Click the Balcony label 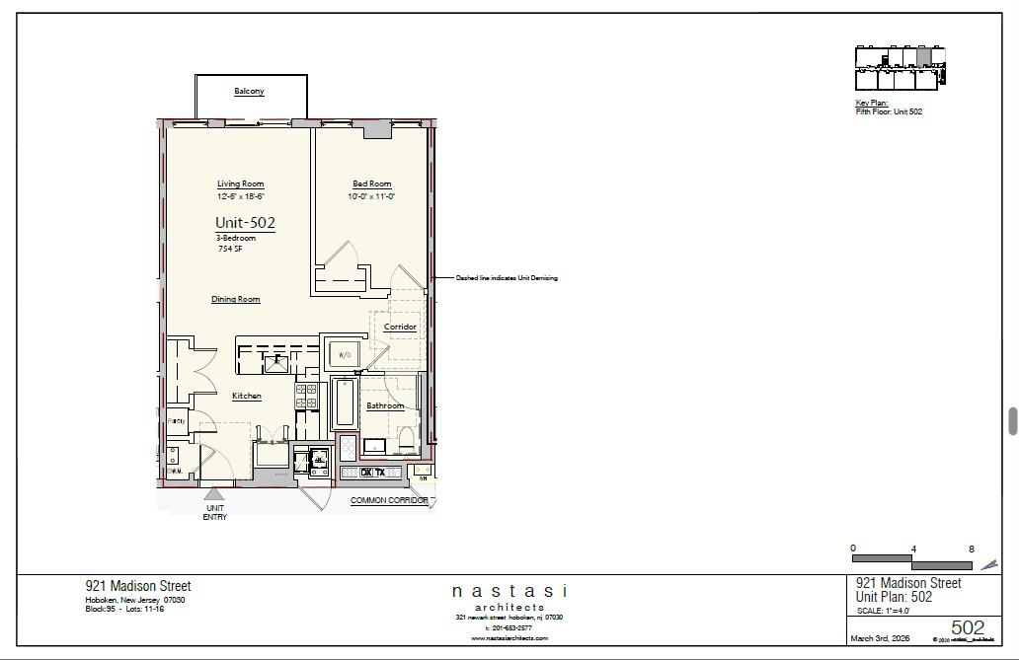tap(249, 92)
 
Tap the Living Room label tap(241, 184)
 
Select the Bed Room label tap(371, 184)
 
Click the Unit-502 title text tap(245, 224)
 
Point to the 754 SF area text tap(230, 250)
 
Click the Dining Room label tap(236, 299)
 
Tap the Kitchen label tap(247, 397)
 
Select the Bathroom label tap(385, 405)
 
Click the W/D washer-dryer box tap(346, 355)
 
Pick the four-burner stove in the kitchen tap(306, 397)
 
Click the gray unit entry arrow tap(213, 492)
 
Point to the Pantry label tap(176, 421)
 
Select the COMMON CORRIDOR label tap(389, 500)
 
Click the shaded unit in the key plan tap(923, 57)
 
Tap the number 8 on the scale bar tap(972, 550)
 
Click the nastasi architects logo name tap(509, 591)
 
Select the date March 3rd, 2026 tap(881, 637)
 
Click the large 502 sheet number tap(968, 628)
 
